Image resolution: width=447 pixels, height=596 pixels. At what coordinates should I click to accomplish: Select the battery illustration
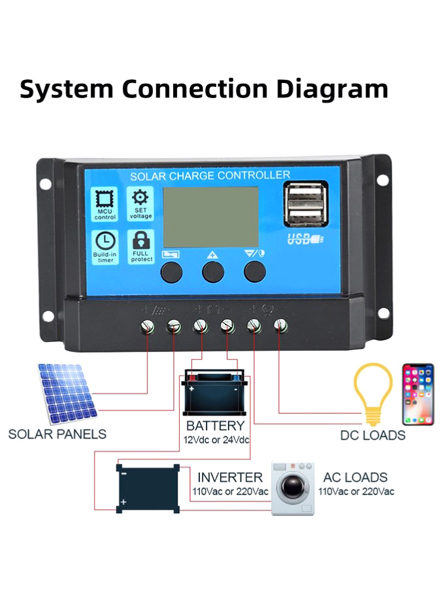pos(214,393)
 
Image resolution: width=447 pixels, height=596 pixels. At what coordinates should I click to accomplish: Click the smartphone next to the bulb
pos(418,393)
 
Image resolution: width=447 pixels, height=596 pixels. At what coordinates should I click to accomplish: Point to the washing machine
pos(291,488)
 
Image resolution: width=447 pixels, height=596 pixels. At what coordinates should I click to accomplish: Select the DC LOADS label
pos(372,435)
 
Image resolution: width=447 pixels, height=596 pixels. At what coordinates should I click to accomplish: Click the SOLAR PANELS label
pos(57,434)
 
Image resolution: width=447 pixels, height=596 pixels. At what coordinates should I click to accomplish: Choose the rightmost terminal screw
pos(280,325)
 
